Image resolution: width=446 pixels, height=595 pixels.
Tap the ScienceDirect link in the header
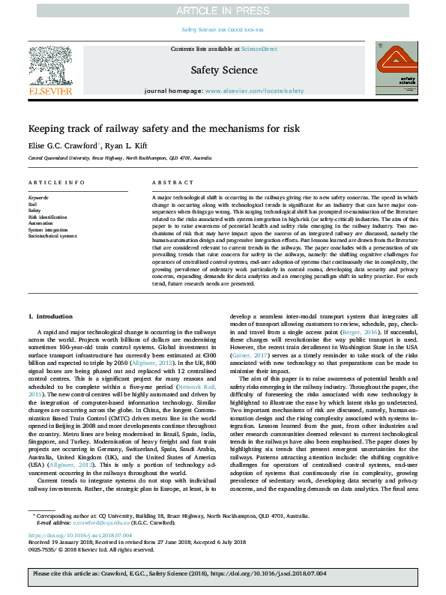point(260,49)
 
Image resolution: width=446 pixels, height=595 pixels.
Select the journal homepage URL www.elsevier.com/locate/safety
point(254,91)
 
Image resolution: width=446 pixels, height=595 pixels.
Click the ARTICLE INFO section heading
point(56,183)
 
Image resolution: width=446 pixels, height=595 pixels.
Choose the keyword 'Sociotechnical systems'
point(52,235)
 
